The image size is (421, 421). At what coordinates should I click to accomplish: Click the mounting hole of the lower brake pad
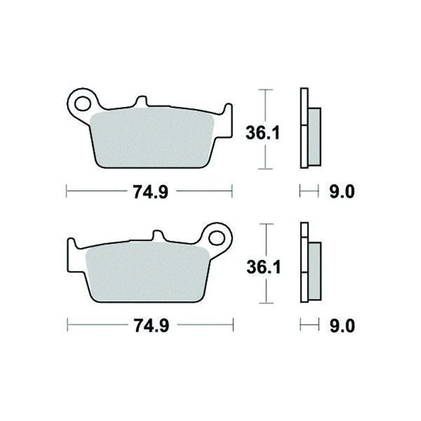point(216,238)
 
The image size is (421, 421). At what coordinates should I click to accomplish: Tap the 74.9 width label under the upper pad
point(151,192)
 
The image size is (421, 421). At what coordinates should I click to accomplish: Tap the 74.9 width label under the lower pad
point(152,326)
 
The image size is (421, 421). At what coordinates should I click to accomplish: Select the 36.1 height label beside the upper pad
point(263,133)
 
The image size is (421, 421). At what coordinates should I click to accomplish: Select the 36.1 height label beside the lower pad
point(264,267)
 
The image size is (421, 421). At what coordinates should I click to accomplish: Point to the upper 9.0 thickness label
point(342,192)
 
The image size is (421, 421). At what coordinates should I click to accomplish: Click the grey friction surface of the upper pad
point(152,139)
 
